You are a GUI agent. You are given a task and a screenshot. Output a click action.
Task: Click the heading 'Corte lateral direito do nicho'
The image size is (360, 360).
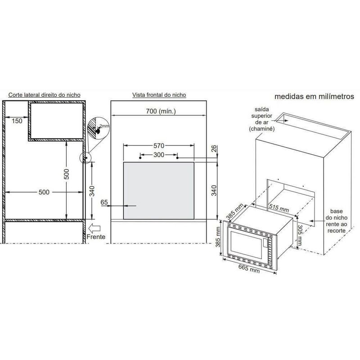click(x=44, y=95)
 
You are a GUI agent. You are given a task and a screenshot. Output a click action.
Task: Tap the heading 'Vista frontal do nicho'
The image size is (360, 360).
click(x=159, y=95)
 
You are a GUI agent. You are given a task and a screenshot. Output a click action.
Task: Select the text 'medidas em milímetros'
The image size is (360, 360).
click(x=314, y=96)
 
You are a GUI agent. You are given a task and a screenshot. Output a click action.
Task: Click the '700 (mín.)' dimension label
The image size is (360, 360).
click(x=161, y=111)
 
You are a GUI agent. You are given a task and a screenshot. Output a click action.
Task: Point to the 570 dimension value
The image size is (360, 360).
click(x=159, y=145)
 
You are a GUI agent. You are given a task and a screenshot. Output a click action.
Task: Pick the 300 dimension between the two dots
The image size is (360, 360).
click(x=159, y=155)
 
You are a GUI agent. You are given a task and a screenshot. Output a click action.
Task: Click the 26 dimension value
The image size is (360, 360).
click(x=214, y=149)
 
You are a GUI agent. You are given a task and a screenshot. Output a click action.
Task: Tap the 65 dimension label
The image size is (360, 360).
click(x=104, y=202)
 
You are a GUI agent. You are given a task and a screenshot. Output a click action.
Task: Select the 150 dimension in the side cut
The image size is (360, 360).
click(x=17, y=121)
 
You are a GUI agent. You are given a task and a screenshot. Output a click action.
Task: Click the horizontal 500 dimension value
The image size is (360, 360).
click(x=44, y=192)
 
